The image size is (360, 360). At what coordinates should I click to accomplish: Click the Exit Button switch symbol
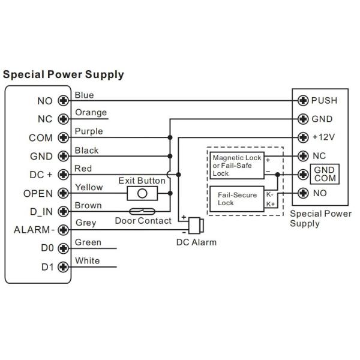pyautogui.click(x=142, y=193)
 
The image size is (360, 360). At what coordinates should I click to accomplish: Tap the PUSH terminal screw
pyautogui.click(x=304, y=100)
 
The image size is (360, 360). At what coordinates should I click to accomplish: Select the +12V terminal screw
pyautogui.click(x=304, y=137)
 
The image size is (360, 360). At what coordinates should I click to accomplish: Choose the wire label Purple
pyautogui.click(x=88, y=131)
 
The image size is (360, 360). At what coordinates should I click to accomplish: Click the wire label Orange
pyautogui.click(x=91, y=113)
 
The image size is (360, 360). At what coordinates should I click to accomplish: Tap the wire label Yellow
pyautogui.click(x=89, y=187)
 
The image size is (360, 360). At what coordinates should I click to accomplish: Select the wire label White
pyautogui.click(x=87, y=261)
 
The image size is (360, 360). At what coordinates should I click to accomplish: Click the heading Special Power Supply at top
pyautogui.click(x=64, y=75)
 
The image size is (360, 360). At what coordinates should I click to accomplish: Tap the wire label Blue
pyautogui.click(x=84, y=95)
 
